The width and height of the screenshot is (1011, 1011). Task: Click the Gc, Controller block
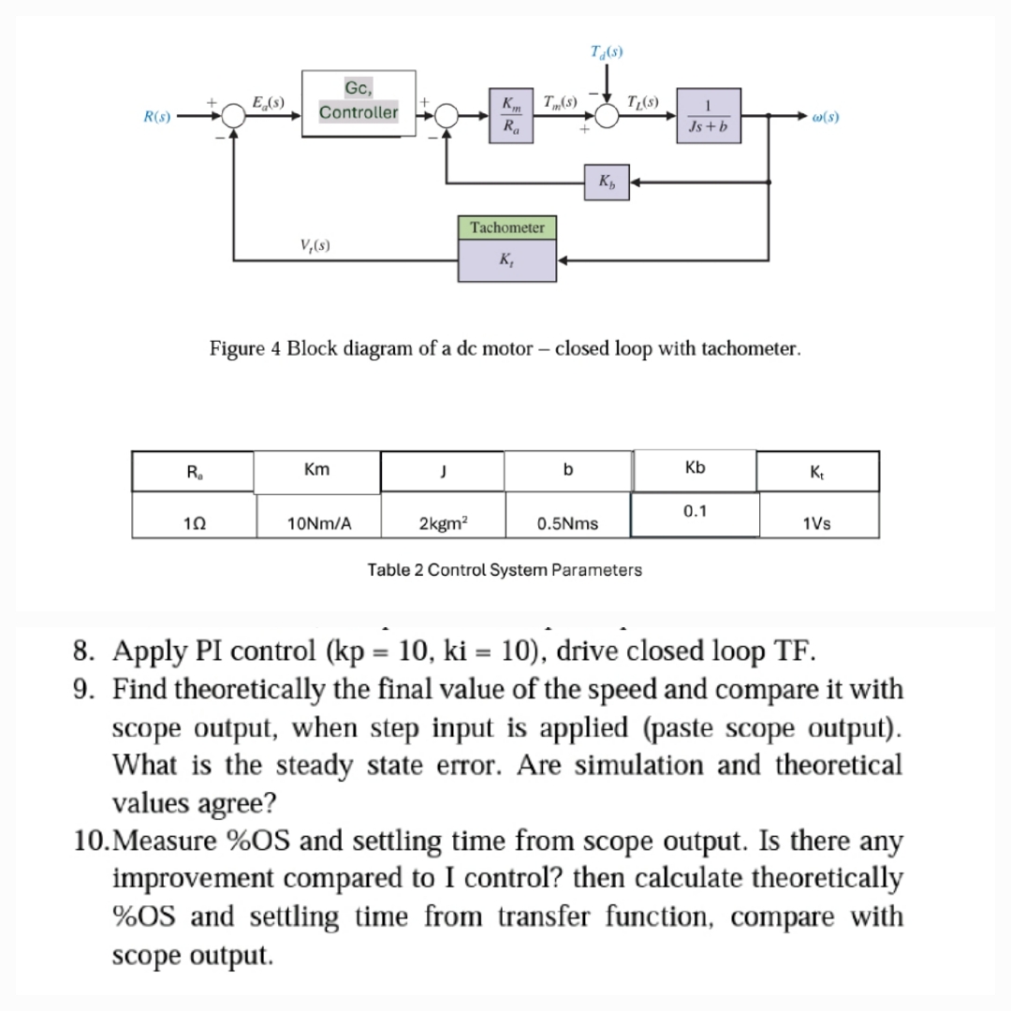pyautogui.click(x=359, y=103)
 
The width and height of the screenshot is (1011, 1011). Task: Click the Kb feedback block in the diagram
pyautogui.click(x=607, y=181)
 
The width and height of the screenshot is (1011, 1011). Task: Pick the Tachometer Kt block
pyautogui.click(x=506, y=248)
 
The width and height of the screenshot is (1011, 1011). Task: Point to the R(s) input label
pyautogui.click(x=155, y=117)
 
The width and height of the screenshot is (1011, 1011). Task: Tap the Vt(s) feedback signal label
pyautogui.click(x=313, y=245)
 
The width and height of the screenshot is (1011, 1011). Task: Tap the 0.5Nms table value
pyautogui.click(x=567, y=523)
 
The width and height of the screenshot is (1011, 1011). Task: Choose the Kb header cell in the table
pyautogui.click(x=694, y=467)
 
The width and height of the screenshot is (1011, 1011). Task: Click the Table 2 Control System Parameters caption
pyautogui.click(x=505, y=569)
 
